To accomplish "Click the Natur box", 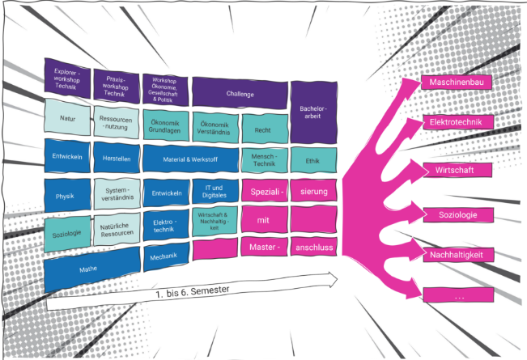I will [x=67, y=118].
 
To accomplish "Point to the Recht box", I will [x=261, y=129].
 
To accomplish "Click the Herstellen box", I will [x=116, y=158].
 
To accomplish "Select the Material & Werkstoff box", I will [x=190, y=159].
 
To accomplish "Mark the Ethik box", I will [x=312, y=160].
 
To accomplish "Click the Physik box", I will [x=65, y=196].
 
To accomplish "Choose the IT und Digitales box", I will [x=215, y=192].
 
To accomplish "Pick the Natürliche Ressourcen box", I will [x=115, y=232].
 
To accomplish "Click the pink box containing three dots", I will [x=458, y=297].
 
